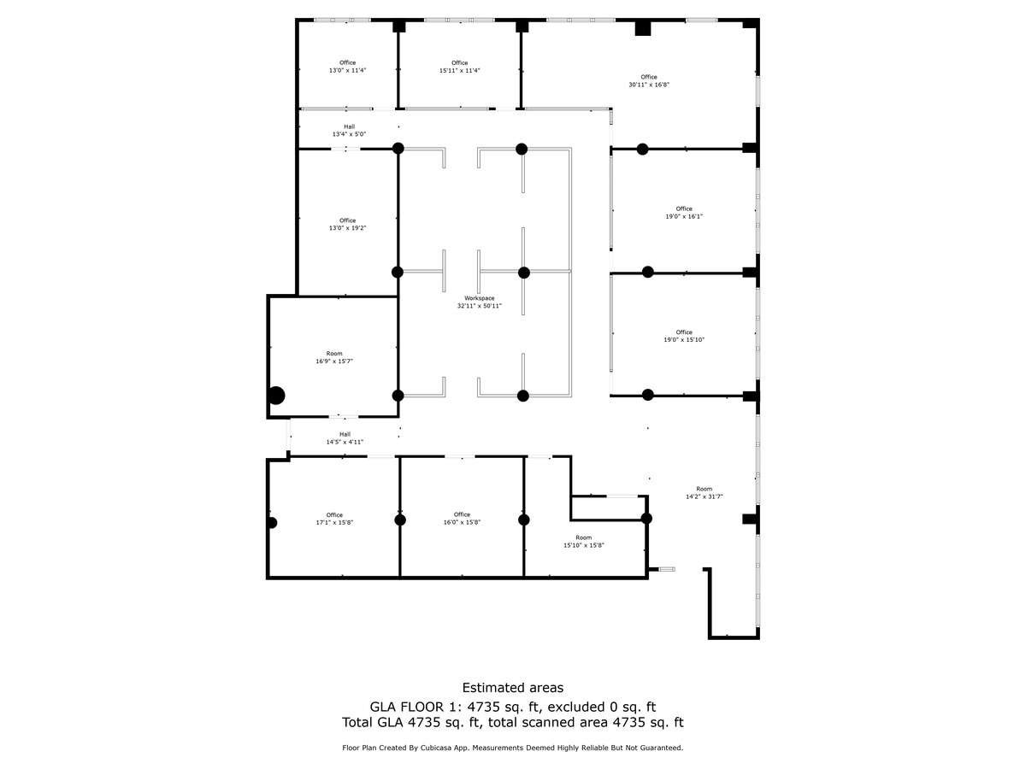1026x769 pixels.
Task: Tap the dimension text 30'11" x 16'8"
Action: point(649,85)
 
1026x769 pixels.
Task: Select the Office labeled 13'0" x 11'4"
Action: point(347,67)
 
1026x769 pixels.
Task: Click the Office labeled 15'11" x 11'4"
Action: point(460,67)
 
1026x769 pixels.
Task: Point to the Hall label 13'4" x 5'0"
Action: point(349,131)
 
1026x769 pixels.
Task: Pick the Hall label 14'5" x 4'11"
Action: point(345,438)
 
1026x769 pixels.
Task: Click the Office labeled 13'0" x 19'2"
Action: point(347,225)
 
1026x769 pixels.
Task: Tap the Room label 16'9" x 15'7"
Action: point(334,357)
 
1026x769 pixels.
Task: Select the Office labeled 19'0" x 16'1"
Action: point(684,213)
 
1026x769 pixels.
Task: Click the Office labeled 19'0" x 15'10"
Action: point(684,336)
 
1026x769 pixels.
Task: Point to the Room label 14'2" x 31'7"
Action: point(705,492)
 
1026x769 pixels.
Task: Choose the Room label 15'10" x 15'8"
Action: point(583,542)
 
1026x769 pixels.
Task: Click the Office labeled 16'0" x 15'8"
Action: point(462,519)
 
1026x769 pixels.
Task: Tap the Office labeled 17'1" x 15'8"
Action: point(334,519)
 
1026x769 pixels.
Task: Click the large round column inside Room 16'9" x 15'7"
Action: point(276,396)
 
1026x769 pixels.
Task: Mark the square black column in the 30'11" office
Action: point(643,28)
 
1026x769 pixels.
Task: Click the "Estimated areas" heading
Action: point(513,688)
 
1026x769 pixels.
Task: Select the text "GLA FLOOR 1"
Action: point(406,707)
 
